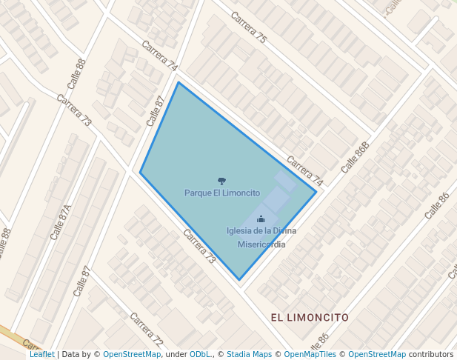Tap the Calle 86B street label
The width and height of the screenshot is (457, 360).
point(355,157)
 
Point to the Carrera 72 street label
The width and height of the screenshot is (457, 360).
point(146,330)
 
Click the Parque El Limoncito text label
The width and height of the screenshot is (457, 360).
point(222,193)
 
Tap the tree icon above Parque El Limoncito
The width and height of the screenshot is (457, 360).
point(221,181)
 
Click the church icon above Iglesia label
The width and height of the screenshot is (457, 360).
point(261,219)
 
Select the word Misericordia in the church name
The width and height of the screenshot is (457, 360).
point(261,244)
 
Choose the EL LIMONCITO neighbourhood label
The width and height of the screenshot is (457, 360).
point(310,317)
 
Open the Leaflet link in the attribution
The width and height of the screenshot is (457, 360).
point(41,354)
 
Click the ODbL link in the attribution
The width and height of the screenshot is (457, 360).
point(200,354)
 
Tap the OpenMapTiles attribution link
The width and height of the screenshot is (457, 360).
point(310,354)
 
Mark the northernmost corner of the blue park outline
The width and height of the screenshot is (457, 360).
point(178,82)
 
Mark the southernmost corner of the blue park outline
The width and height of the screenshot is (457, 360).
point(238,280)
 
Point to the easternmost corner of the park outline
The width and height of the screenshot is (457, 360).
point(316,192)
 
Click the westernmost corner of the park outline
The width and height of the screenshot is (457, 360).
point(140,172)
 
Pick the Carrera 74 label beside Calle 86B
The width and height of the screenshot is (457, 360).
point(305,170)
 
